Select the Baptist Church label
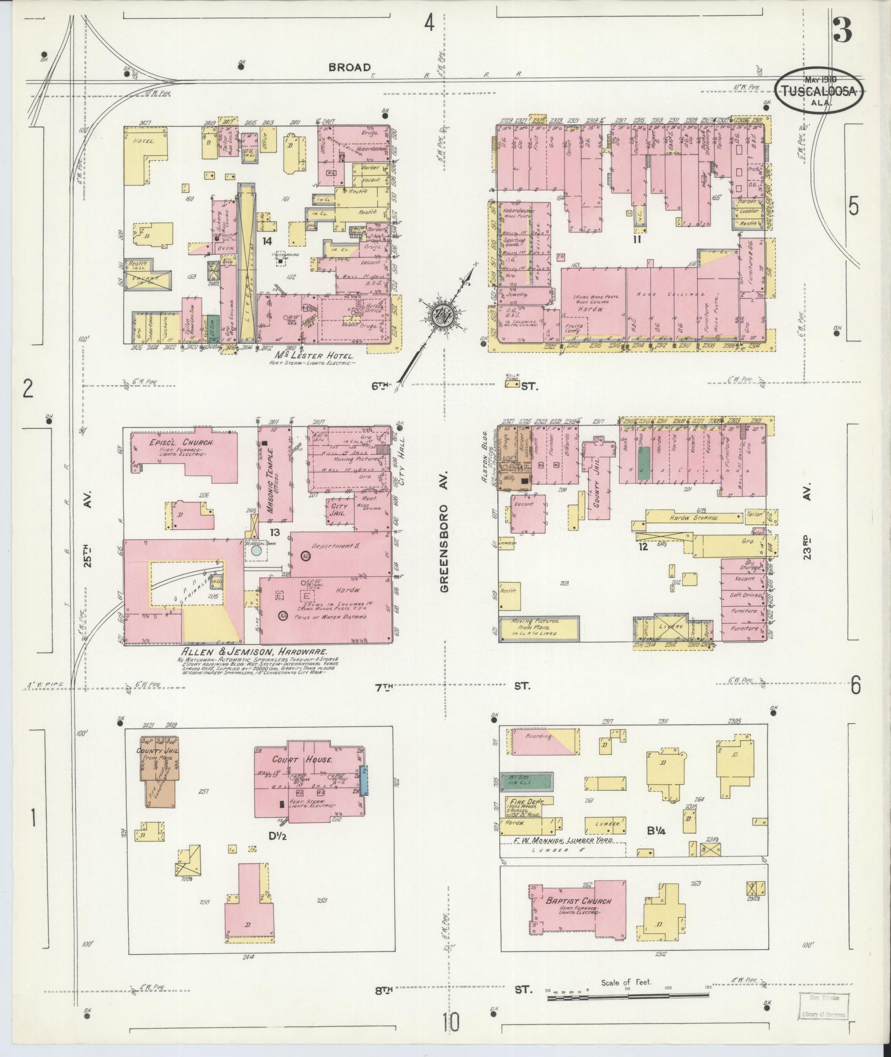point(578,901)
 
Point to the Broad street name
point(350,67)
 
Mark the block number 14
point(267,241)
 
